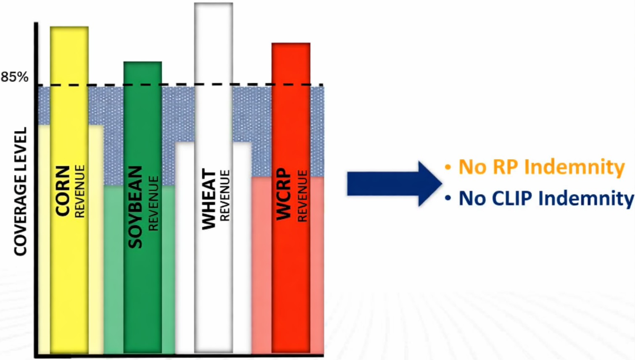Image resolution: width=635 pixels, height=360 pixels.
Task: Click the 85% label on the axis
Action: [15, 77]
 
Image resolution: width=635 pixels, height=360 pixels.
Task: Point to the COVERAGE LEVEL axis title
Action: [20, 192]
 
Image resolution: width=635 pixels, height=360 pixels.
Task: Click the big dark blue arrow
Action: [393, 184]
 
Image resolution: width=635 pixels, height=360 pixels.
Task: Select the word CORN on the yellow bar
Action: [63, 191]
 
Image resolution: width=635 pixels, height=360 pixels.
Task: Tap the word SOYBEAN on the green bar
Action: [135, 207]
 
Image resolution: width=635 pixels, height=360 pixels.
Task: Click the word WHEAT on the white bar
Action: [209, 199]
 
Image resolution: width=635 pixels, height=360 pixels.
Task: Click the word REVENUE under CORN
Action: [79, 191]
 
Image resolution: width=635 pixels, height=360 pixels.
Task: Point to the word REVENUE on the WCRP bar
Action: [302, 196]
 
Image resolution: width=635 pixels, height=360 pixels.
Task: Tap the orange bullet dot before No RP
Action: [448, 167]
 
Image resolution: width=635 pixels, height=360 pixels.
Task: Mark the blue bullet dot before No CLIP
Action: [448, 197]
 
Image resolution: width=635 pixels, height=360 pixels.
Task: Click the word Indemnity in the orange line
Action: [574, 167]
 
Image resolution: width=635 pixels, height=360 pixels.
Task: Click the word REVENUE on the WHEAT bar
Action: [225, 195]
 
